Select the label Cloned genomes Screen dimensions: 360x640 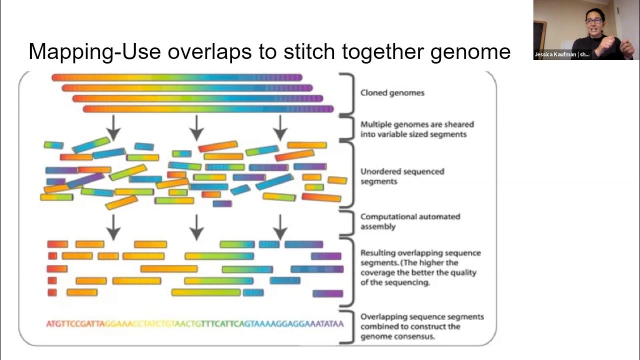(x=392, y=92)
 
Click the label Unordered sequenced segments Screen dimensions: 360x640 (x=402, y=176)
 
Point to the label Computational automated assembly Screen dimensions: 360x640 (x=410, y=221)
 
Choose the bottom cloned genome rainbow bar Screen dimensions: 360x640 (x=208, y=109)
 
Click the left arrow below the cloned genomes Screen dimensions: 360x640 (x=114, y=127)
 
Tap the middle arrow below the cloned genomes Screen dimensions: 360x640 (x=197, y=127)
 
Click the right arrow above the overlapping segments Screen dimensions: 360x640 (x=280, y=227)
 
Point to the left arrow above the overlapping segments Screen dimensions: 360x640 (x=114, y=227)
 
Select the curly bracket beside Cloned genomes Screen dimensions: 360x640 (x=348, y=93)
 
